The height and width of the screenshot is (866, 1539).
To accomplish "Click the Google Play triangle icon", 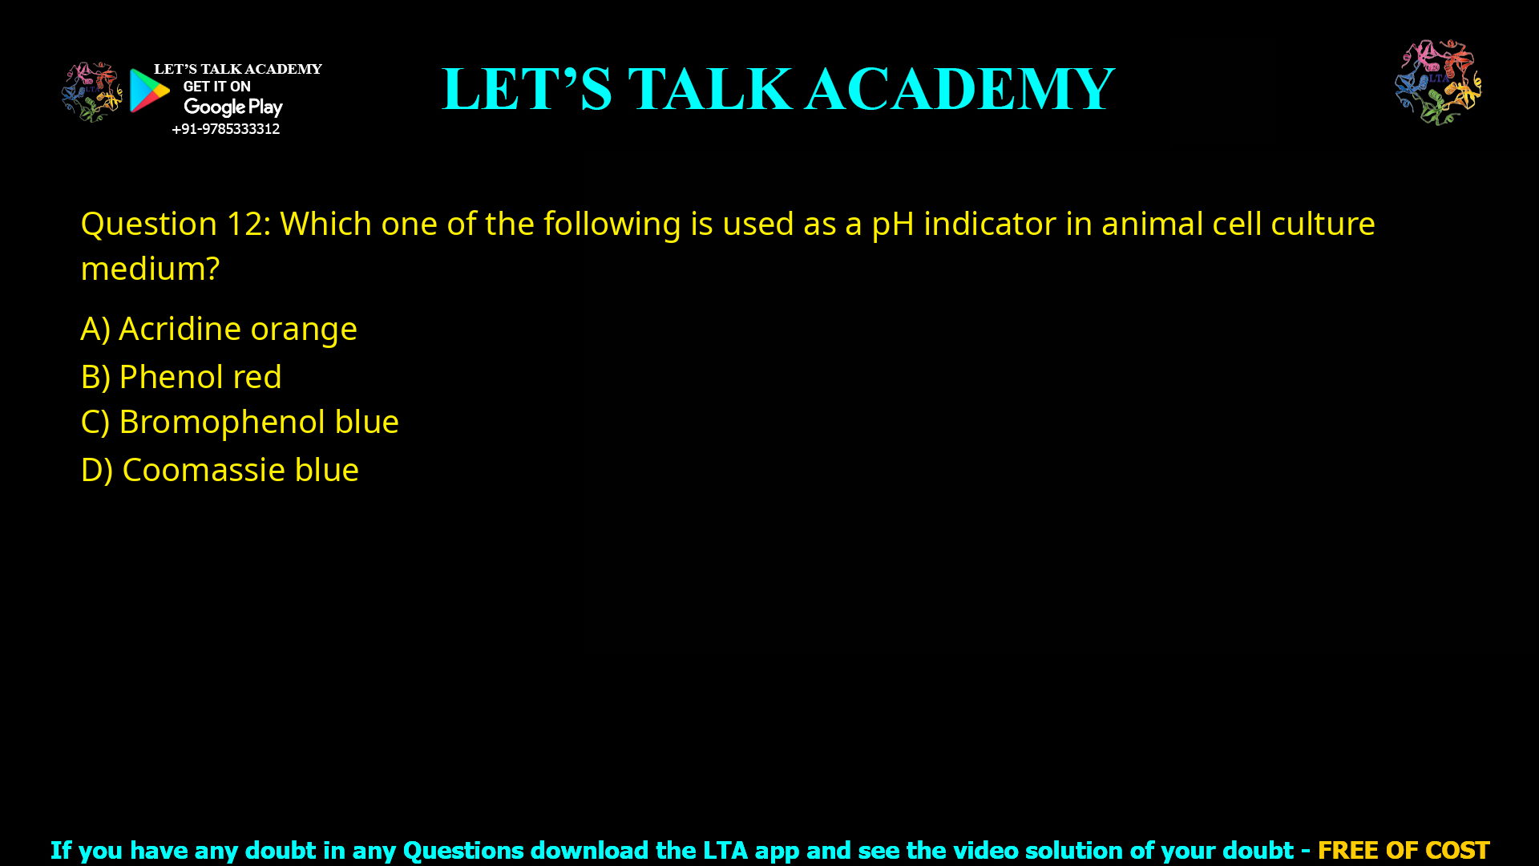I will pos(149,91).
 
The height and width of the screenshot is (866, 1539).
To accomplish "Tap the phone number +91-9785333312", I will pos(225,129).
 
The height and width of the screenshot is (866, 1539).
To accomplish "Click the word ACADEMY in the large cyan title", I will pos(959,89).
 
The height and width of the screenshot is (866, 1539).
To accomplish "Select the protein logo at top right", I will pos(1438,82).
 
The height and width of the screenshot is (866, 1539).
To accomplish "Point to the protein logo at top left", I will pos(91,92).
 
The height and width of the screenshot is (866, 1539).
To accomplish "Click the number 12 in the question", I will pos(244,224).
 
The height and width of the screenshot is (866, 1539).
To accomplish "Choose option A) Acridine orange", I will pos(219,329).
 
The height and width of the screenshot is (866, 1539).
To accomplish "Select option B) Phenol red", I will pos(181,377).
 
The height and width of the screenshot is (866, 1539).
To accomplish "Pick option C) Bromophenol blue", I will pos(240,422).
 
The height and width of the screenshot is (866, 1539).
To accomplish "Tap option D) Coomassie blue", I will pos(220,470).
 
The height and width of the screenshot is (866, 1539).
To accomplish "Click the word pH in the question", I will pos(892,224).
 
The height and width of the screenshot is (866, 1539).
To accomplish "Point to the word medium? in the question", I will pos(150,269).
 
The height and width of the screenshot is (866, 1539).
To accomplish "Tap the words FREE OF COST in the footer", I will pos(1403,850).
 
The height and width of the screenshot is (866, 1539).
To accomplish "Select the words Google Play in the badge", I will pos(233,107).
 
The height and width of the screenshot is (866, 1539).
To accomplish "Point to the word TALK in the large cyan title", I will pos(710,89).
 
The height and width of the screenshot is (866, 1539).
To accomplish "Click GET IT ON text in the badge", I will pos(216,87).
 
